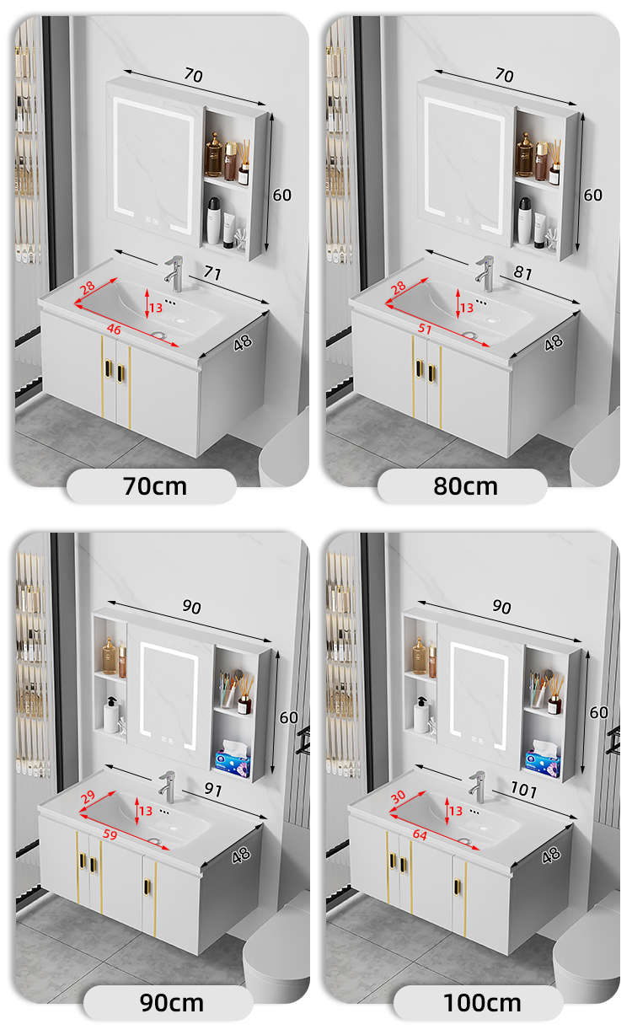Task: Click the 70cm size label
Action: coord(155,486)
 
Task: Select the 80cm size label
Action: coord(466,486)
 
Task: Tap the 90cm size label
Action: coord(171,1003)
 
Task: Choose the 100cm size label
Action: coord(482,1003)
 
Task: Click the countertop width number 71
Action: coord(212,272)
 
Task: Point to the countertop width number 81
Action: coord(522,272)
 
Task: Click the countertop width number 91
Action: coord(213,789)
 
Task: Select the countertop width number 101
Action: coord(523,789)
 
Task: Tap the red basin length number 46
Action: coord(114,329)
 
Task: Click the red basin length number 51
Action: coord(425,329)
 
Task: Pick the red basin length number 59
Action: coord(110,834)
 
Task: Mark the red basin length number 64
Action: coord(420,834)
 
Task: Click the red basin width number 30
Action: coord(398,796)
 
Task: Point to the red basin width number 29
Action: coord(88,796)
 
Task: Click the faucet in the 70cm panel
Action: coord(174,274)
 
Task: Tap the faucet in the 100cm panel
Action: coord(478,787)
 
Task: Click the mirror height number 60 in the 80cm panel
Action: coord(592,195)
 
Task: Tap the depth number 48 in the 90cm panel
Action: coord(241,855)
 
